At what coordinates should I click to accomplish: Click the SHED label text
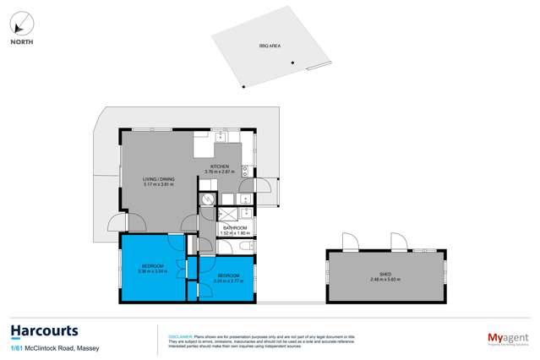click(x=387, y=274)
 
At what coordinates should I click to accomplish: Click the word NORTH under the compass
click(x=21, y=41)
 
